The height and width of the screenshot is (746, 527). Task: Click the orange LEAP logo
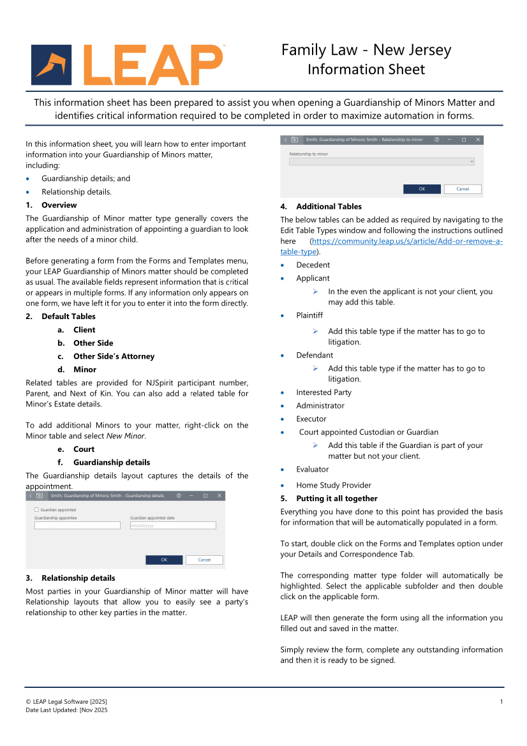pyautogui.click(x=128, y=65)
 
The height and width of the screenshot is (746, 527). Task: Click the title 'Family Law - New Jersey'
pyautogui.click(x=366, y=50)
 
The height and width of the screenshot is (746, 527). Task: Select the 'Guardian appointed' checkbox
pyautogui.click(x=36, y=510)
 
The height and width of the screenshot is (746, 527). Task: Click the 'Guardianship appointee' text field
pyautogui.click(x=77, y=525)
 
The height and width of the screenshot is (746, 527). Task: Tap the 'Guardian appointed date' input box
pyautogui.click(x=173, y=525)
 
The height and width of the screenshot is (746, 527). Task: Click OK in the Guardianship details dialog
pyautogui.click(x=164, y=560)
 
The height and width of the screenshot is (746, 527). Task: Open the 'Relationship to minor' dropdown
pyautogui.click(x=382, y=162)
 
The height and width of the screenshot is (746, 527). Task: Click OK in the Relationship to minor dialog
pyautogui.click(x=422, y=189)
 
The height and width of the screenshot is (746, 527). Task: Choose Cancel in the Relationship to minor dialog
pyautogui.click(x=463, y=189)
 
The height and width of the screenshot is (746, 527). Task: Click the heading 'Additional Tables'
pyautogui.click(x=329, y=206)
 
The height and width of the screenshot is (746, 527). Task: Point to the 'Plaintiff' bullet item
pyautogui.click(x=309, y=315)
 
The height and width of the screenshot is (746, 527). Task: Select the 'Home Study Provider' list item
pyautogui.click(x=333, y=485)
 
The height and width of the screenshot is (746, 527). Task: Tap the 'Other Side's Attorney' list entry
pyautogui.click(x=114, y=356)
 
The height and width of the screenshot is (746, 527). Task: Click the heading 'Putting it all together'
pyautogui.click(x=337, y=498)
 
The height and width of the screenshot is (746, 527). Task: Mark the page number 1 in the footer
pyautogui.click(x=501, y=702)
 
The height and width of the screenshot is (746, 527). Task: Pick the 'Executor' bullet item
pyautogui.click(x=311, y=419)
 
